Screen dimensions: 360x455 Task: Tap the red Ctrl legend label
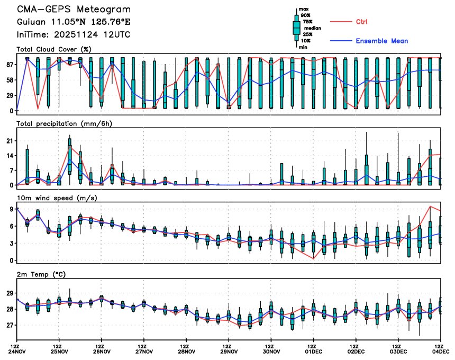[x=361, y=22]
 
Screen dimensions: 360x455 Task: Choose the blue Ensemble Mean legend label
[x=381, y=41]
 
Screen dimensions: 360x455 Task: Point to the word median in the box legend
[x=308, y=29]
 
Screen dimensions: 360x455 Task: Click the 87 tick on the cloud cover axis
[x=9, y=65]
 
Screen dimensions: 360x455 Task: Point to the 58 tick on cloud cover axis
[x=9, y=80]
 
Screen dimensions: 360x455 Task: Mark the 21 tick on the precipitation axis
[x=9, y=141]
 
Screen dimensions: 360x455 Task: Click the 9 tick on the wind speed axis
[x=11, y=209]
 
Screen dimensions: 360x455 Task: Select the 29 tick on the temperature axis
[x=9, y=293]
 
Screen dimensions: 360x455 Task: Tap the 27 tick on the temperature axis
[x=9, y=326]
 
